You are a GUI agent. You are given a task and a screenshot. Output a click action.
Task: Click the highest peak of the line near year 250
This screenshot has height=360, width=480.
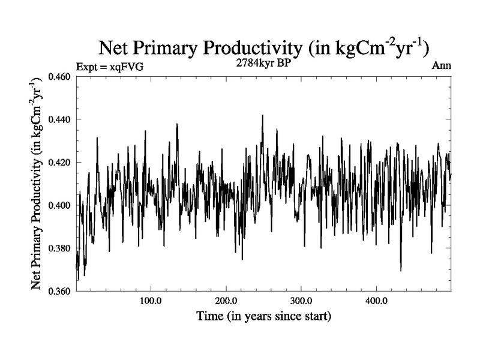click(262, 116)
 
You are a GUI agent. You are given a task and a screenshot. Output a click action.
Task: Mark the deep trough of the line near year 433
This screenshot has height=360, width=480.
click(401, 270)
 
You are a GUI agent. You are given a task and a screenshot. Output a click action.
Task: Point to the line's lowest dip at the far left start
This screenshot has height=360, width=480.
click(78, 279)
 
